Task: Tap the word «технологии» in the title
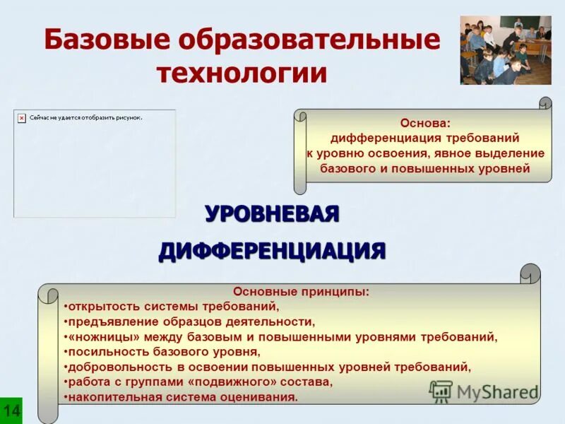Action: pos(242,72)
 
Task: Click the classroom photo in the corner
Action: pos(505,50)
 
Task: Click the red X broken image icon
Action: pos(22,118)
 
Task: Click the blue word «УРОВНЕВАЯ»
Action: pos(272,213)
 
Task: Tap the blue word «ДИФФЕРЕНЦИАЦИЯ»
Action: pos(272,250)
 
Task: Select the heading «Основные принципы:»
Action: pos(301,291)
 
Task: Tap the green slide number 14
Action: pos(11,411)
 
